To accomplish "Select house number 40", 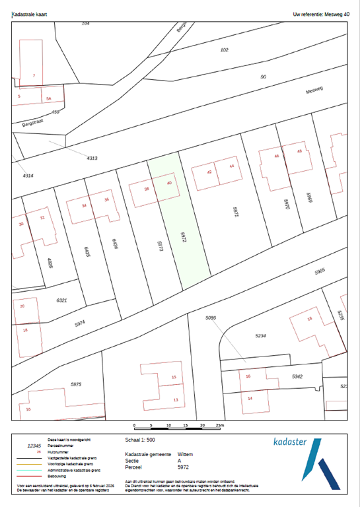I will pos(170,184).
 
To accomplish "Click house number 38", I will pos(147,189).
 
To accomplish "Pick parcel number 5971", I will pos(234,212).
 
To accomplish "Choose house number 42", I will pos(209,172).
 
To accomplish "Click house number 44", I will pos(232,166).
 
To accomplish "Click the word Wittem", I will pos(185,455).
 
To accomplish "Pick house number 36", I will pos(106,199).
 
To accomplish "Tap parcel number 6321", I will pos(61,300).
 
